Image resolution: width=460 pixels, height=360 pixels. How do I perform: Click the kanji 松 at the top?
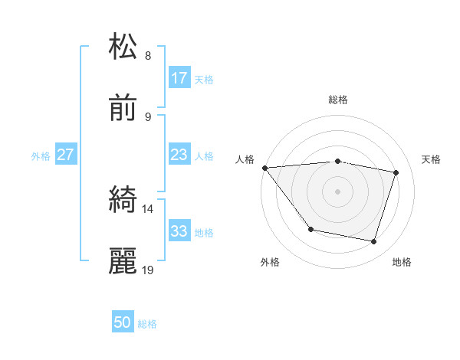123,47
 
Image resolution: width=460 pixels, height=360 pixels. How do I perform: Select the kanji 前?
123,109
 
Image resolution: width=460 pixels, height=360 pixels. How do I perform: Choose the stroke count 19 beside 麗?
148,270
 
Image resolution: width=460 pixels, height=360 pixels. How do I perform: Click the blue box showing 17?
179,78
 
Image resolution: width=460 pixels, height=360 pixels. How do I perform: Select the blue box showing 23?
179,155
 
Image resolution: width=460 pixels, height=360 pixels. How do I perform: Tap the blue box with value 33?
179,232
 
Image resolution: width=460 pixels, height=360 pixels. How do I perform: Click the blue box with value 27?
66,155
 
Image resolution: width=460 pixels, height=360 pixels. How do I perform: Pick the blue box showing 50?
123,323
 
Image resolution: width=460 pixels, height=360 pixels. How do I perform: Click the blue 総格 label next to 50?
147,324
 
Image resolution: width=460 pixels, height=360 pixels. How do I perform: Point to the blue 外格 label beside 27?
41,156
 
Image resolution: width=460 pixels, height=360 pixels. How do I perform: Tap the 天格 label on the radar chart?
431,159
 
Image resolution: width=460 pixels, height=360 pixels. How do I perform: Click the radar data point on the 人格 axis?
264,168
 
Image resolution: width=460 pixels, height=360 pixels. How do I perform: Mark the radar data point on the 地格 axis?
373,242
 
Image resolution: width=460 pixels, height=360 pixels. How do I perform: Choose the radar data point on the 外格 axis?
310,229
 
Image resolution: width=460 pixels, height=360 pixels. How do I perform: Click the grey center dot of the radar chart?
337,191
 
